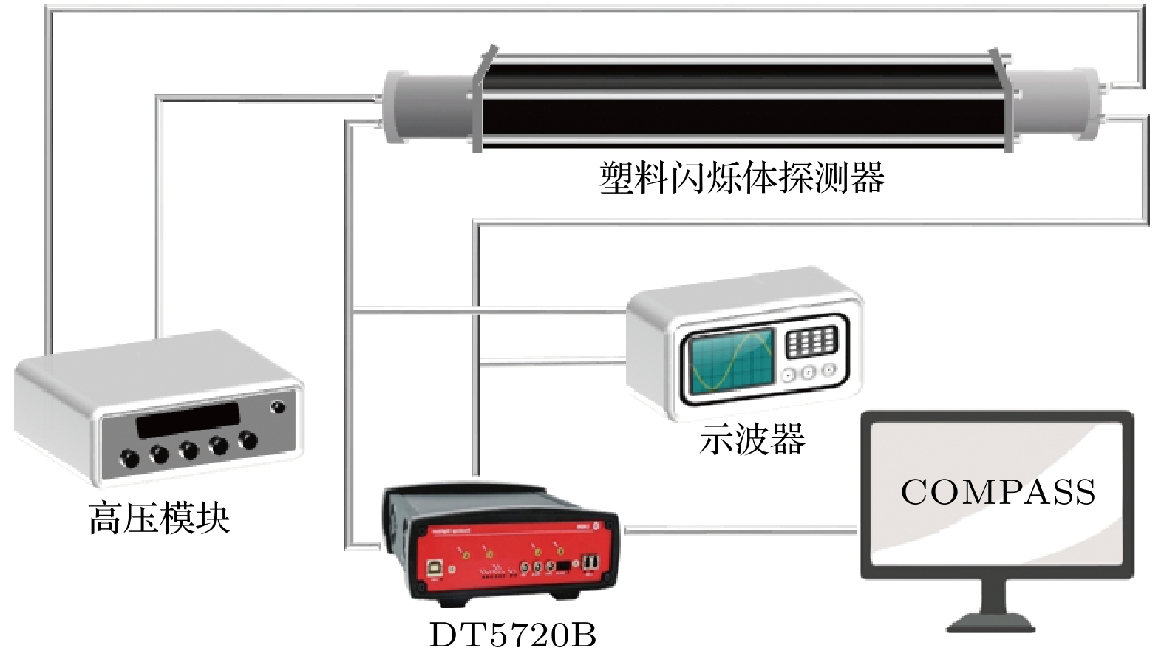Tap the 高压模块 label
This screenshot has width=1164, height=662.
click(159, 517)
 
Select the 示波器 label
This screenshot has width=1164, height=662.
click(752, 440)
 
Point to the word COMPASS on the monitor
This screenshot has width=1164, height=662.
click(997, 492)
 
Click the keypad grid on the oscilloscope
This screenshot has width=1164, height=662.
click(811, 342)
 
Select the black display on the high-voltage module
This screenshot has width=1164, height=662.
click(189, 419)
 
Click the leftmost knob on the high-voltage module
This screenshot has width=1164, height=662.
click(130, 459)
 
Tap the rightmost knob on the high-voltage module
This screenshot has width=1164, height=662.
click(248, 440)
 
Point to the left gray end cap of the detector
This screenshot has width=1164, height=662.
click(429, 108)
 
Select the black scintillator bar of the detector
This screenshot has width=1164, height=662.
click(739, 103)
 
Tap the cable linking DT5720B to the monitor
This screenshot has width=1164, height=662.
click(739, 530)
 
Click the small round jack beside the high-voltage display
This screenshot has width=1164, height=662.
click(278, 407)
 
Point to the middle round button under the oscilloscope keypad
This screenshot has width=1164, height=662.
click(808, 373)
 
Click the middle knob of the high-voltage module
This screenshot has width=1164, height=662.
click(189, 449)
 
